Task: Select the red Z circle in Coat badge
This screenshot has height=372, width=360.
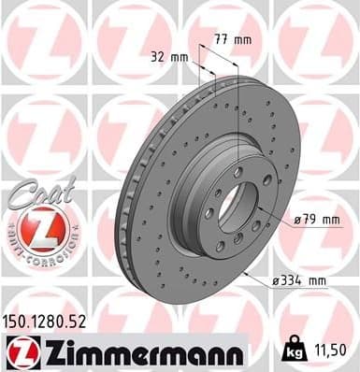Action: coord(32,228)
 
